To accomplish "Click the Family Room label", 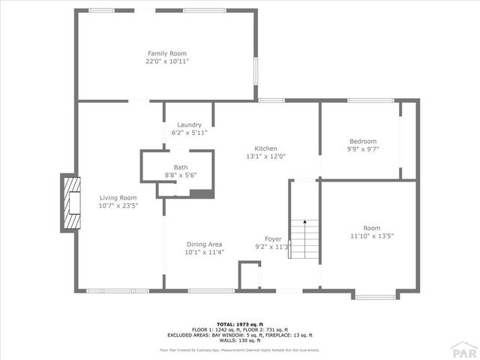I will pos(166,53).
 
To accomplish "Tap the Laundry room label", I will pos(189,124).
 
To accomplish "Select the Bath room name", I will pos(181,167).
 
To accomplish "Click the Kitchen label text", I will pos(266,148).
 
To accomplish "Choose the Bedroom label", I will pos(363,141).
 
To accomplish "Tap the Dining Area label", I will pos(204,244).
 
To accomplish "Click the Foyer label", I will pos(273,238).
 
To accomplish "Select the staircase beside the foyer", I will pos(304,238).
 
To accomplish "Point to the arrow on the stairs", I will pos(304,223).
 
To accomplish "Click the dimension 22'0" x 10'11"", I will pos(166,61).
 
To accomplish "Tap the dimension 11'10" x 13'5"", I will pos(372,236).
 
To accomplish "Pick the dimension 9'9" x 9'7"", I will pos(363,149).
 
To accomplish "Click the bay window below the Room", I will pos(375,297).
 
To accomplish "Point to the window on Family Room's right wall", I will pos(255,72).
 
